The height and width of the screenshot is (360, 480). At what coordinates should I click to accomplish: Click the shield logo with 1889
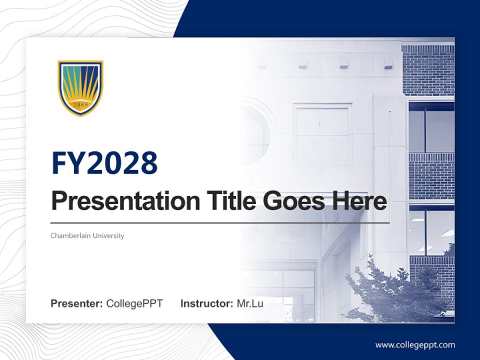tap(80, 88)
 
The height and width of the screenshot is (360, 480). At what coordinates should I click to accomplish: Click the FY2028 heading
tap(104, 163)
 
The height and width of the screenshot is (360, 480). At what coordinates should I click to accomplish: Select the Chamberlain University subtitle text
tap(87, 235)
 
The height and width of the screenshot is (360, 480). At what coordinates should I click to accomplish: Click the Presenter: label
tap(77, 303)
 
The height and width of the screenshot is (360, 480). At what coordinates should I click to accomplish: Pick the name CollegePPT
tap(134, 303)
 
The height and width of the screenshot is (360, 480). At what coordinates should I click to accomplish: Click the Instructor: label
tap(206, 303)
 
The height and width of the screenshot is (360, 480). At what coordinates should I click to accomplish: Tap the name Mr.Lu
tap(250, 303)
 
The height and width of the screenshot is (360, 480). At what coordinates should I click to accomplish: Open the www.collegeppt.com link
tap(415, 345)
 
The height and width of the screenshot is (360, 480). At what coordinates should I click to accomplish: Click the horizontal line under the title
tap(220, 223)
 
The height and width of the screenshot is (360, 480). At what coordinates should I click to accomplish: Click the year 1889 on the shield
tap(80, 105)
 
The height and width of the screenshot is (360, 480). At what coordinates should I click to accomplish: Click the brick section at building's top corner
tap(427, 70)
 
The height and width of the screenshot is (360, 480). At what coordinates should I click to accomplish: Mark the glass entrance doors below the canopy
tap(285, 295)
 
